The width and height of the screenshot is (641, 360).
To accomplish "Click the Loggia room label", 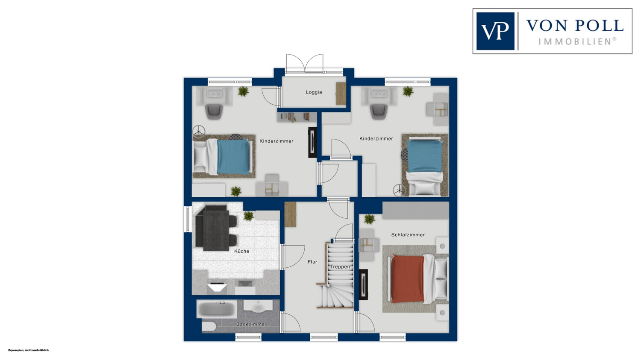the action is coord(314,92).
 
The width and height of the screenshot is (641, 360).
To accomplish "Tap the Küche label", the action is coord(242,252).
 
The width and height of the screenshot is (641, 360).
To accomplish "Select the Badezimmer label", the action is coord(251,324).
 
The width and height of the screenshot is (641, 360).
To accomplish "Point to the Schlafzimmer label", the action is coord(408,235).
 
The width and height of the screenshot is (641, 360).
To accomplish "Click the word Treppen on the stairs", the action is coord(340,267).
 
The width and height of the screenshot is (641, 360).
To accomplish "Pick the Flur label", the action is coord(312,262).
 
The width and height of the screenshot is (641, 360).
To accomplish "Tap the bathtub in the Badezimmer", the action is coord(216,309).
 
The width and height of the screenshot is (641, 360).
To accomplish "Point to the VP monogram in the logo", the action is coord(495,31).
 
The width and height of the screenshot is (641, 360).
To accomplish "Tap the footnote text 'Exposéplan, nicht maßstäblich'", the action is coord(29,350).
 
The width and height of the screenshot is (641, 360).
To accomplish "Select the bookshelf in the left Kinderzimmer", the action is coord(297,117).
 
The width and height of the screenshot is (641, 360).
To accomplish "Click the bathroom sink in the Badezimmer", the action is coord(258,306).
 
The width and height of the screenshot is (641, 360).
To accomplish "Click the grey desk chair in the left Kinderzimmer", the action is coord(214,112).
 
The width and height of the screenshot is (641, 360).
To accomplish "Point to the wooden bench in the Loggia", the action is coord(341,94).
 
